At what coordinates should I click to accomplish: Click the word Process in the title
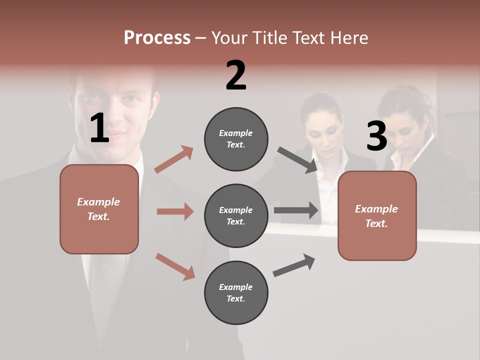coord(157,38)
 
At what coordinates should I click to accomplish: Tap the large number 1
coord(99,128)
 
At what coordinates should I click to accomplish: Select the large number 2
coord(236,75)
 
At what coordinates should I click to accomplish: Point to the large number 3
coord(376,136)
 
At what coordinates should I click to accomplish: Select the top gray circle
coord(236,139)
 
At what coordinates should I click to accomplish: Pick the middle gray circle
coord(236,215)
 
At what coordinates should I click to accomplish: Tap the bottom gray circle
coord(236,292)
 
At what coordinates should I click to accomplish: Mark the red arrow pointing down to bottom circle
coord(175,266)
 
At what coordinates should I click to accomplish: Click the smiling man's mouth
coord(116,135)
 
